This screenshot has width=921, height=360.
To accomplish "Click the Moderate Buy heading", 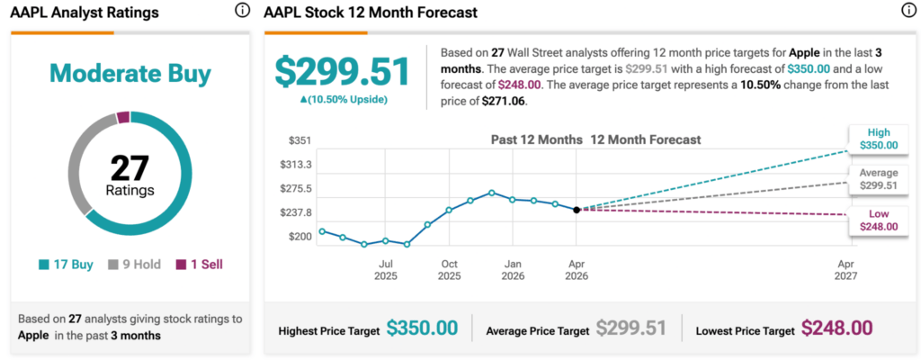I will [131, 74].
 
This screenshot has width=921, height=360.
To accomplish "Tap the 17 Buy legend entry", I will [68, 265].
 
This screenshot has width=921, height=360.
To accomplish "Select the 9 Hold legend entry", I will [135, 265].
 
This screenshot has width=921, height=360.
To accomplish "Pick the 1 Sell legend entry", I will [199, 265].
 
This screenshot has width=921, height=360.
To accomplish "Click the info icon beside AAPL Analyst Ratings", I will [242, 11].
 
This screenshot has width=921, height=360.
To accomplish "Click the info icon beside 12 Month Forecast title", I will [907, 11].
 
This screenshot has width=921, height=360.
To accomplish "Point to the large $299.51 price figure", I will [343, 72].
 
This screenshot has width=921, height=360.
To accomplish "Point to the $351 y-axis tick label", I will [300, 140].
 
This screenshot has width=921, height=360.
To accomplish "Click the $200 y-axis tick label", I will [300, 237].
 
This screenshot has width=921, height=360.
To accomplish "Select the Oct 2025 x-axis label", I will [449, 269].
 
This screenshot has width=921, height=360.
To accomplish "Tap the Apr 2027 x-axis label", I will [845, 269].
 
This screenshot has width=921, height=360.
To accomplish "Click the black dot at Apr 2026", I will [577, 209].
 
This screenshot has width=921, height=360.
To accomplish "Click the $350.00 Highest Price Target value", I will [422, 329].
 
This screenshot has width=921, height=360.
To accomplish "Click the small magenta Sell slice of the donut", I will [124, 116].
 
